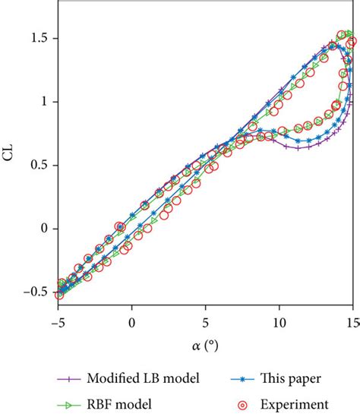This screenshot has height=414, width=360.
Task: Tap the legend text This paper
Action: coord(295,377)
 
